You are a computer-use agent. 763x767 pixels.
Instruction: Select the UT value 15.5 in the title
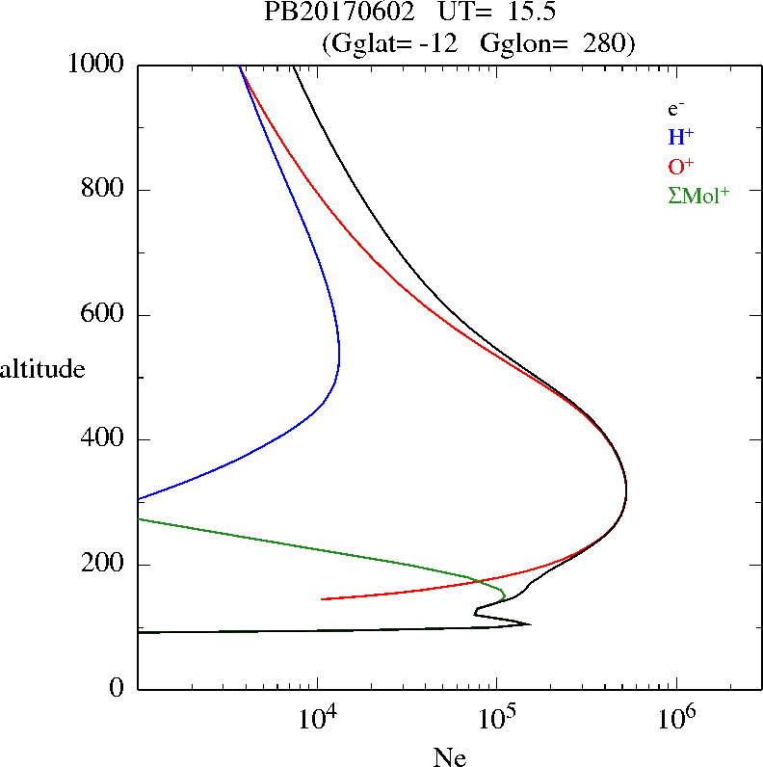pos(527,13)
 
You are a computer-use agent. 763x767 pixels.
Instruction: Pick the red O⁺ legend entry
pos(681,165)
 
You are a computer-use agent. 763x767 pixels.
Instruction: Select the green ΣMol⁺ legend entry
pos(698,195)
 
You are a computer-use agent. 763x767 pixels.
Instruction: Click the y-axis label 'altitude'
pos(43,368)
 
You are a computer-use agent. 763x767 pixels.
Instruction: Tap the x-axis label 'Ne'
pos(449,757)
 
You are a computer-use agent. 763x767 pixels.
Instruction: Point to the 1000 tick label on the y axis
pos(96,65)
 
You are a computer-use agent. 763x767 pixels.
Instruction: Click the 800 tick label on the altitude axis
pos(104,190)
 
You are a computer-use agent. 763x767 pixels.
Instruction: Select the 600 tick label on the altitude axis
pos(104,315)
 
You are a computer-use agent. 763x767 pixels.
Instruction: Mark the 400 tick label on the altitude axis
pos(104,439)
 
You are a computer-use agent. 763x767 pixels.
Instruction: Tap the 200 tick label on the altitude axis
pos(104,565)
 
